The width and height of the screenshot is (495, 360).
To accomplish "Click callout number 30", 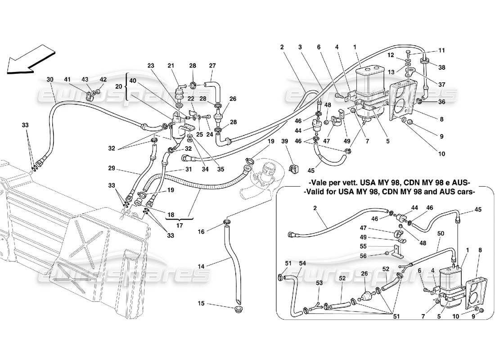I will tap(49, 80).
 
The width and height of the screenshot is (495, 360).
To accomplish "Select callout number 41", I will tap(67, 80).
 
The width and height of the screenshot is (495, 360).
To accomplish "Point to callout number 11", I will tap(441, 51).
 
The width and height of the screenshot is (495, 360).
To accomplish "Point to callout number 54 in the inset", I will tap(303, 263).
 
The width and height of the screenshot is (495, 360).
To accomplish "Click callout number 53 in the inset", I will tap(319, 283).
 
